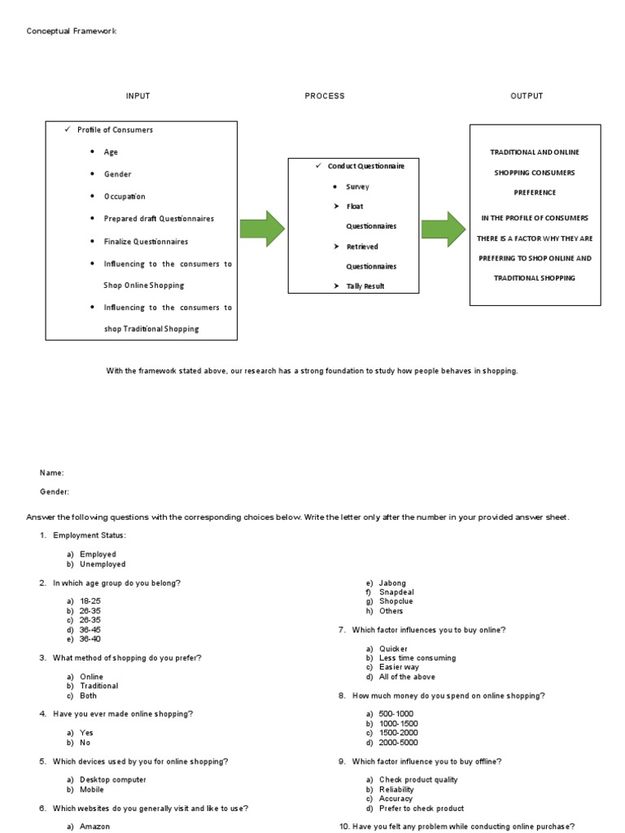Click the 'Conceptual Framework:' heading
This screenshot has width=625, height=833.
(72, 31)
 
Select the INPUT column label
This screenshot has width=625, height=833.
(138, 96)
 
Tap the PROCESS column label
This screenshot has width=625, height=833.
(325, 96)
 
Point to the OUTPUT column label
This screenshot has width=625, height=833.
(527, 96)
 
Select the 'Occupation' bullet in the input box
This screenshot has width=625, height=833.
(125, 197)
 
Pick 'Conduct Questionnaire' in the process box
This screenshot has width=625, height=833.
(365, 166)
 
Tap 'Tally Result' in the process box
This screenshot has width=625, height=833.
(365, 286)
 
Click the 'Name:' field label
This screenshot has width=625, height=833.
(52, 473)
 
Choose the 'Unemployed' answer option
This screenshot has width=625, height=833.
(103, 564)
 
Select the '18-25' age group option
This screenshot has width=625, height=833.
(90, 600)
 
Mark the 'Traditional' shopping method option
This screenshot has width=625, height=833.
(98, 686)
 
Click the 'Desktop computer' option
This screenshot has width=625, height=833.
(112, 779)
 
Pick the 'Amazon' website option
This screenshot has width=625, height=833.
(94, 826)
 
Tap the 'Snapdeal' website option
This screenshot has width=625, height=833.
(396, 592)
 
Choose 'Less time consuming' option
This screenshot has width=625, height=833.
(417, 657)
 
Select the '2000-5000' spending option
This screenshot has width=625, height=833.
(399, 742)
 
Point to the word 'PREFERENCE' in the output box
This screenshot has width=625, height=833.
(535, 193)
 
